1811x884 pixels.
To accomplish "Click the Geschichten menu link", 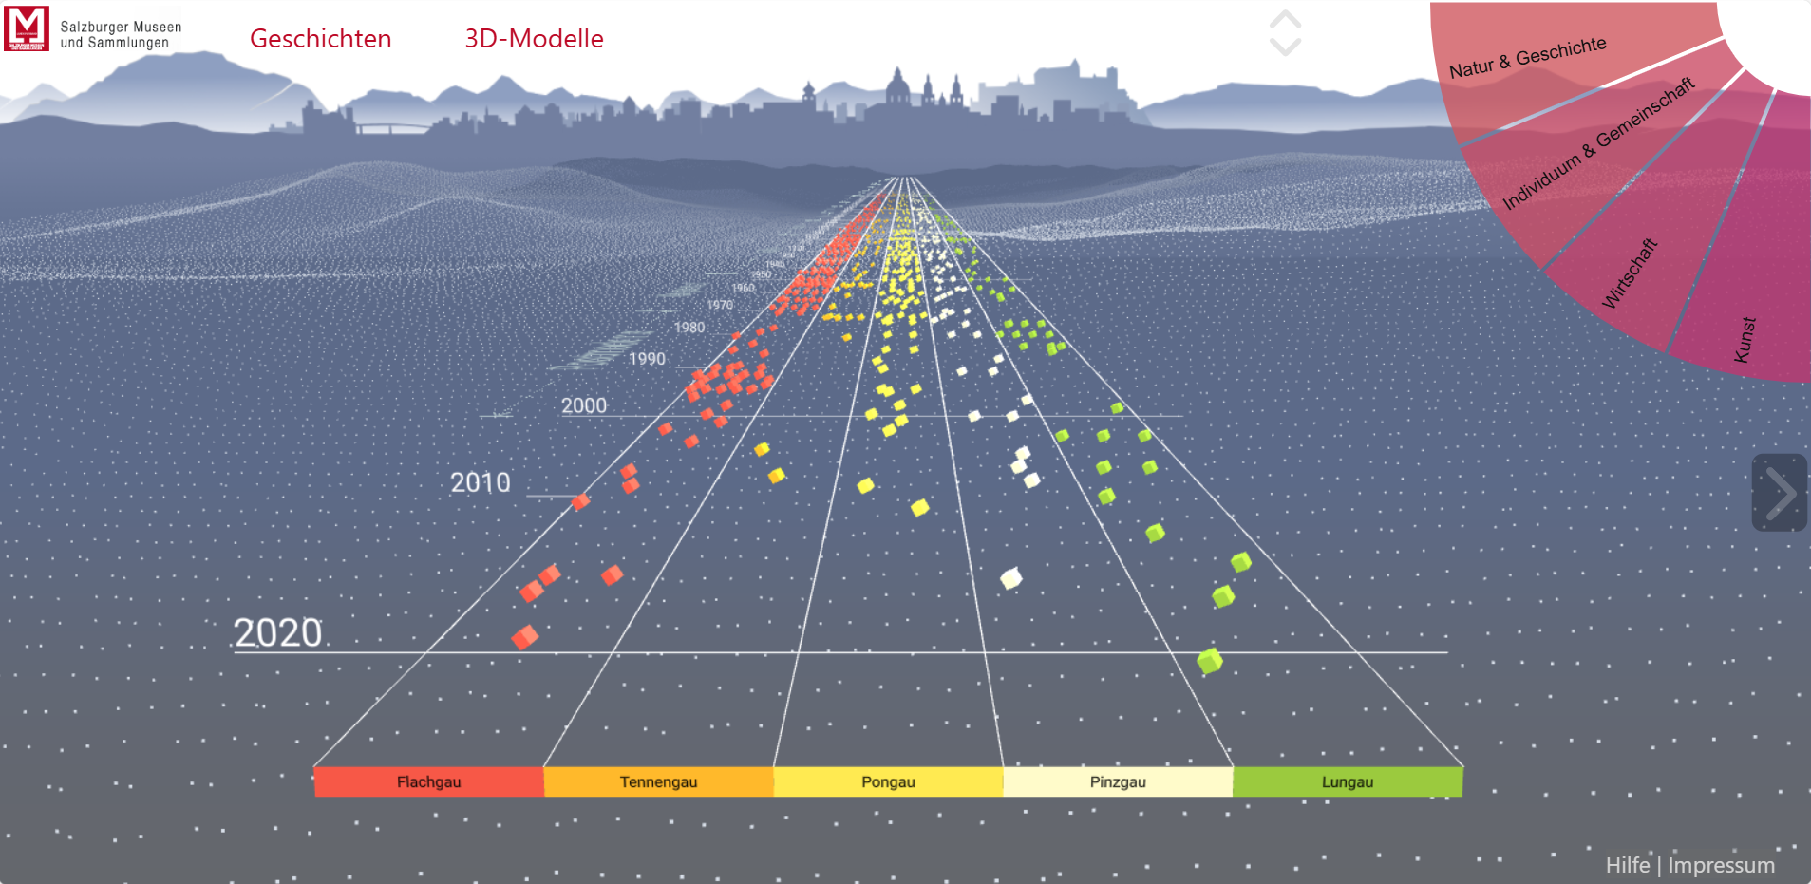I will coord(320,38).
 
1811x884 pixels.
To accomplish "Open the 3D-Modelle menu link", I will coord(534,38).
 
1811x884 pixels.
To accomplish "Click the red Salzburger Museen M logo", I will coord(27,28).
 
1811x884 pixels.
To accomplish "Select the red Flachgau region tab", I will coord(428,781).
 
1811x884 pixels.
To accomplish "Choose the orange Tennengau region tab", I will coord(658,781).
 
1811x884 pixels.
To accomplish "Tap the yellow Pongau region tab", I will coord(888,781).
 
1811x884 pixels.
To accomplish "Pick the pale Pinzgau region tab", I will coord(1118,781).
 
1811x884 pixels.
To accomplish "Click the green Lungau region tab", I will coord(1348,781).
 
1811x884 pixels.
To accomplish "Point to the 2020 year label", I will coord(278,633).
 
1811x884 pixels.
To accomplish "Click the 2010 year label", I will coord(481,482).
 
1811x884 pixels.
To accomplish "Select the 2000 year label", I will coord(583,405).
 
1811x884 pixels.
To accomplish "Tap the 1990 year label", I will coord(647,359).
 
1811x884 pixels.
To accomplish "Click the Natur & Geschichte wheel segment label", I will coord(1527,57).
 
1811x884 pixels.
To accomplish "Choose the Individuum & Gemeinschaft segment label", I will coord(1598,143).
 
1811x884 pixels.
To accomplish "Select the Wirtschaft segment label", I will coord(1630,273).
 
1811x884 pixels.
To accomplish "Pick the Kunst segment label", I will coord(1745,339).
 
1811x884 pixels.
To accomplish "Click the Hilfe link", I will coord(1627,865).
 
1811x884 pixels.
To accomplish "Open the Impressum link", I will coord(1721,865).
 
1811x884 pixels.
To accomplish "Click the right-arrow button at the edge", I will coord(1779,493).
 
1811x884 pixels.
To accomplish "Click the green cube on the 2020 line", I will coord(1209,661).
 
